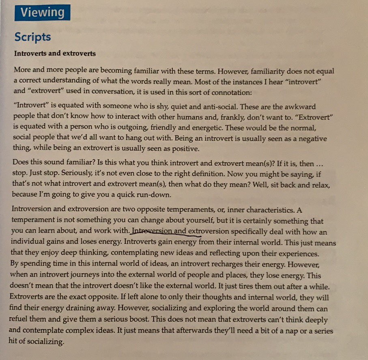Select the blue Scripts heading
pyautogui.click(x=32, y=37)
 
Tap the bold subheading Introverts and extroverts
pyautogui.click(x=55, y=53)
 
